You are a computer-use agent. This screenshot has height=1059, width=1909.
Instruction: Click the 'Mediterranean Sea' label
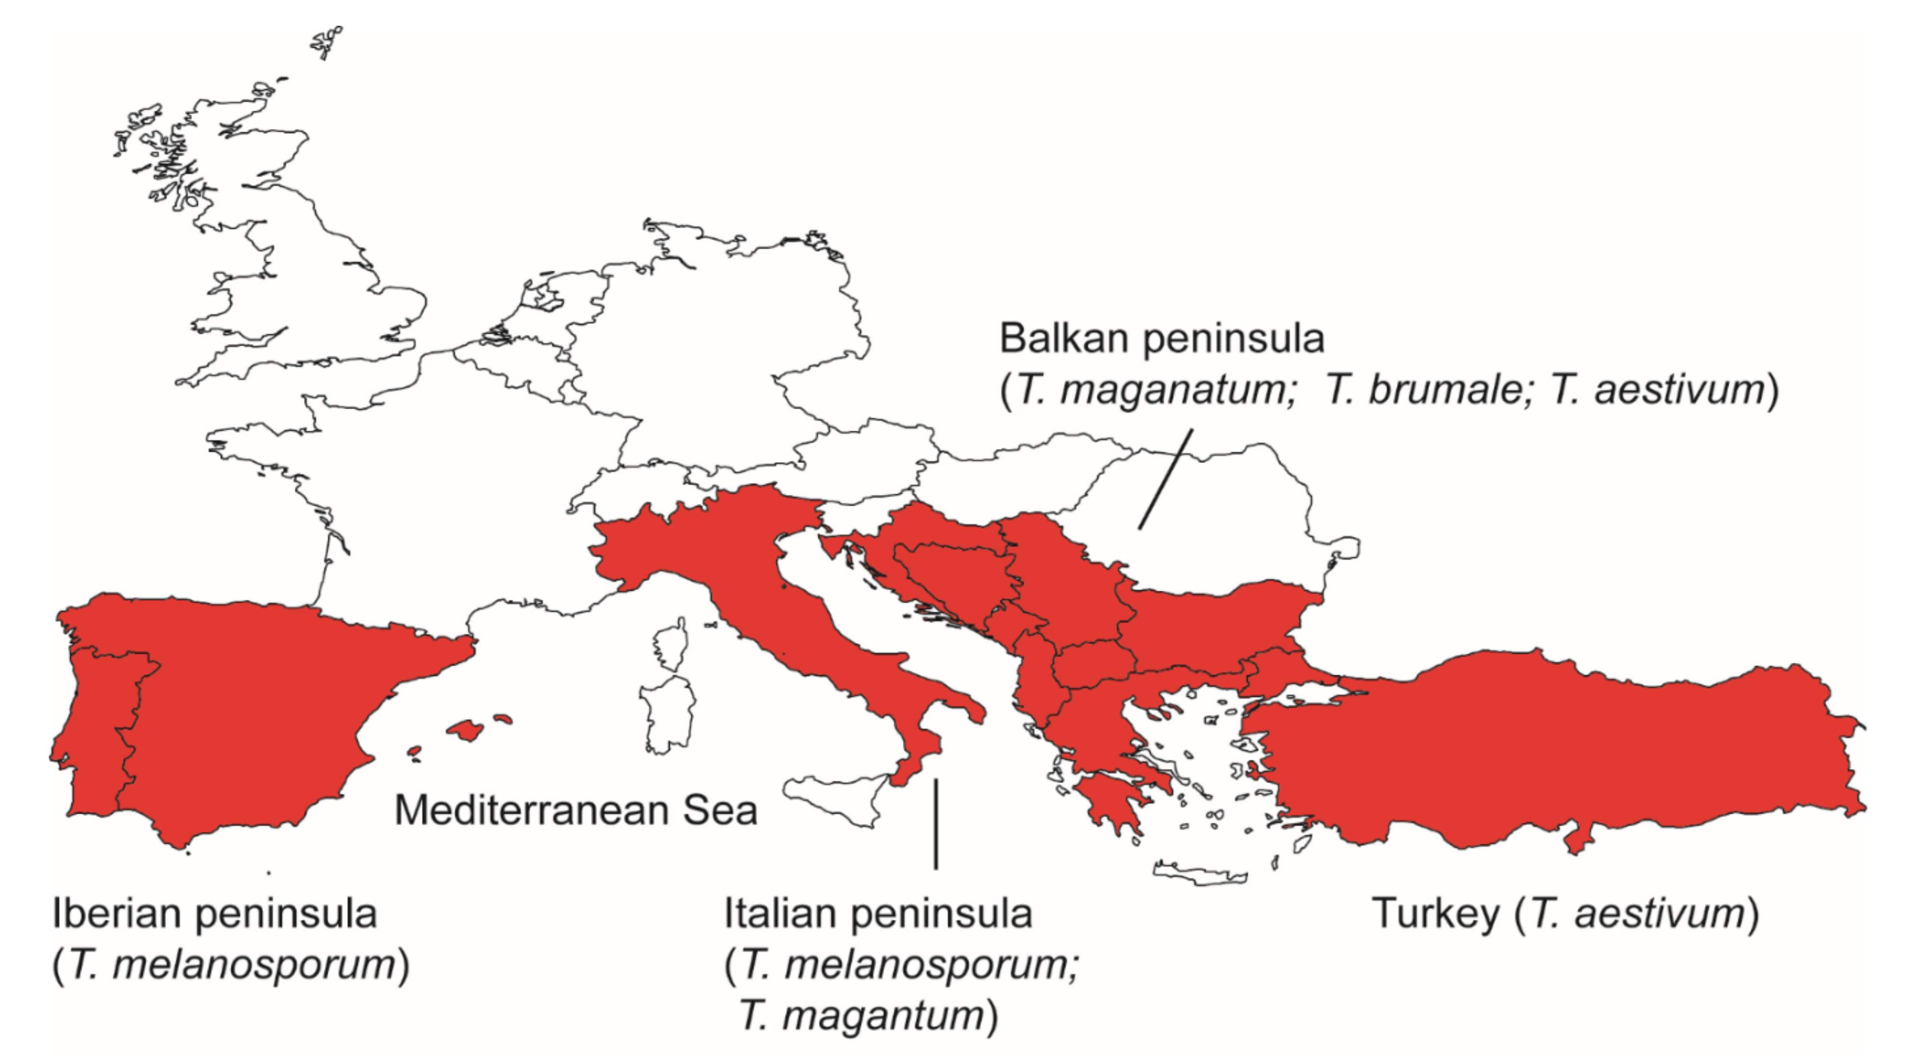pyautogui.click(x=576, y=810)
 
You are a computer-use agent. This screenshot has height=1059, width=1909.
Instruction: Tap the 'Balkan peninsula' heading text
pyautogui.click(x=1161, y=339)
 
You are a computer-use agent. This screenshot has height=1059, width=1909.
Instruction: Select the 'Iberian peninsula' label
pyautogui.click(x=214, y=913)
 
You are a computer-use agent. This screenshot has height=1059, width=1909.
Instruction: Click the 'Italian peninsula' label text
pyautogui.click(x=877, y=913)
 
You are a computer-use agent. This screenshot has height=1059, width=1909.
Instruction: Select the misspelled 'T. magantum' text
pyautogui.click(x=862, y=1015)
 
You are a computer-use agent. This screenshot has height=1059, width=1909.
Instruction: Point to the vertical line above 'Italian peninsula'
pyautogui.click(x=936, y=823)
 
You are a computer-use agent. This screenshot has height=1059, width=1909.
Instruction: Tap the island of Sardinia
pyautogui.click(x=667, y=715)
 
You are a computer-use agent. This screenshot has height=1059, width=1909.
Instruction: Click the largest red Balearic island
pyautogui.click(x=466, y=730)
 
